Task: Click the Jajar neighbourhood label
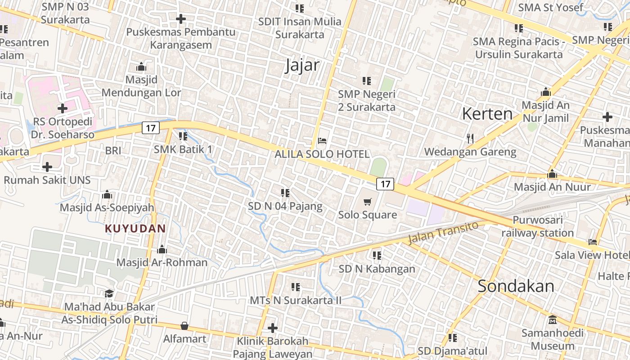(x=302, y=66)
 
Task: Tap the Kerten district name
(x=487, y=114)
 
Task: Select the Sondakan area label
(x=516, y=286)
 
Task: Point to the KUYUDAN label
(x=135, y=229)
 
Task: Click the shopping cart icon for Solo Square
(x=368, y=202)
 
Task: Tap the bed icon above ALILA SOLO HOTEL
(x=322, y=141)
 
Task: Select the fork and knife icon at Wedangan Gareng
(x=470, y=138)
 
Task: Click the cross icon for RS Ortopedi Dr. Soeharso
(x=63, y=108)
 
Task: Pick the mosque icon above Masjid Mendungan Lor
(x=141, y=67)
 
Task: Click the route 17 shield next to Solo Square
(x=385, y=184)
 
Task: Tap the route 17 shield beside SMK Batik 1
(x=151, y=128)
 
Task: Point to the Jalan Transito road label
(x=442, y=232)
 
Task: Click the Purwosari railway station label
(x=537, y=227)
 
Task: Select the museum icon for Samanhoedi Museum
(x=553, y=320)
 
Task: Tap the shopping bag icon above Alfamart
(x=184, y=326)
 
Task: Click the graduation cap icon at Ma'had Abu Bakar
(x=109, y=294)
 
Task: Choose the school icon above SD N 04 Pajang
(x=285, y=193)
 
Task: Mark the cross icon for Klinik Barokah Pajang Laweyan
(x=272, y=328)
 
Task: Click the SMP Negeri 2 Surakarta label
(x=367, y=101)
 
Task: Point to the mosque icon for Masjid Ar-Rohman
(x=162, y=249)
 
